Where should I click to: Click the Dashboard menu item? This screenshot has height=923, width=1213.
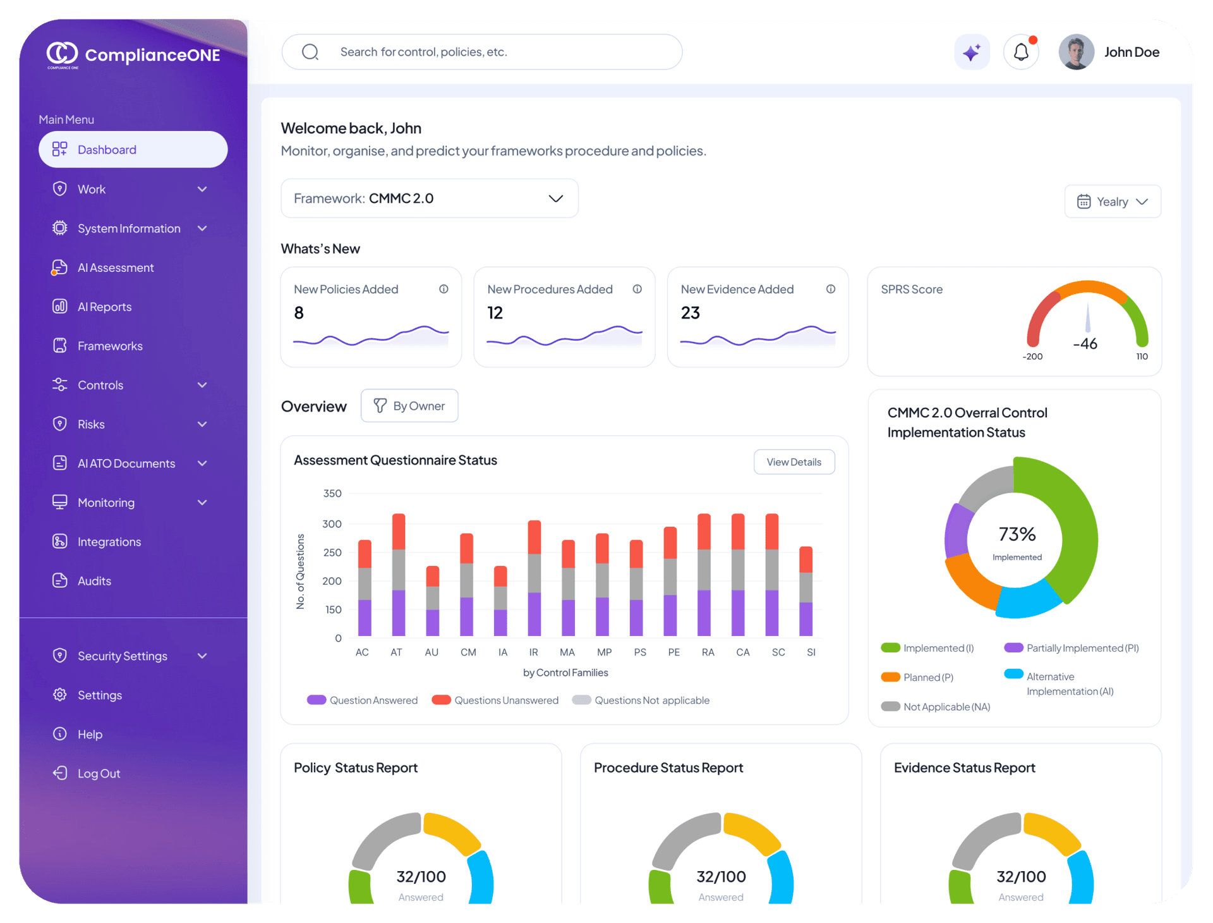133,150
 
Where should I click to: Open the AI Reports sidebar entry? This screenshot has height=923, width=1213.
104,307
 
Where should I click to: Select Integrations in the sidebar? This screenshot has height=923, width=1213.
109,542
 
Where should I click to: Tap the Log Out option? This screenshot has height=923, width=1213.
98,773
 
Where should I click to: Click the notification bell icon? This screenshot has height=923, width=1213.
1021,52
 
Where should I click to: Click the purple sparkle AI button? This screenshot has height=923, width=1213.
972,52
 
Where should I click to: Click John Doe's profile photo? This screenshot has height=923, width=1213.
1076,52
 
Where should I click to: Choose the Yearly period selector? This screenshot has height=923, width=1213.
1113,202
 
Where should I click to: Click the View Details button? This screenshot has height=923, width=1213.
794,462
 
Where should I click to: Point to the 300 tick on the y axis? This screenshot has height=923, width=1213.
332,523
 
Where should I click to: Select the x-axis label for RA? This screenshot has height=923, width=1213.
708,652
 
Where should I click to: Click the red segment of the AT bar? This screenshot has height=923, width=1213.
399,532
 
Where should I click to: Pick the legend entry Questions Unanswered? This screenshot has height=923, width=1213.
495,700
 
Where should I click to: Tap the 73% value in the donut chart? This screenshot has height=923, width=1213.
1017,535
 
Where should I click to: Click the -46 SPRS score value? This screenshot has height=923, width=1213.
1085,344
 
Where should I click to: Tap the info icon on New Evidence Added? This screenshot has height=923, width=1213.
831,289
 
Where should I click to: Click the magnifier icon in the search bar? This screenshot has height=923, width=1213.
310,52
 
